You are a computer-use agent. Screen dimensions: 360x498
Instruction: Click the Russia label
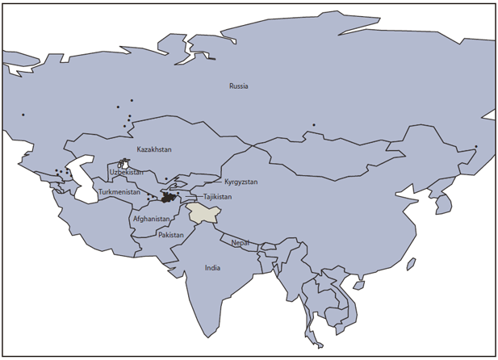238,86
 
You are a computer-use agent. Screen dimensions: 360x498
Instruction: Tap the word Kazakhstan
153,149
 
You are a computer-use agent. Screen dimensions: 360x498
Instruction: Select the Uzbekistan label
126,172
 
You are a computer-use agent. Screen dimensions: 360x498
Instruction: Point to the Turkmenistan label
119,192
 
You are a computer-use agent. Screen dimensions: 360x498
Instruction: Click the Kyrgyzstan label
241,182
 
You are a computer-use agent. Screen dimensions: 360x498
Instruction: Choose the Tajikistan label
217,197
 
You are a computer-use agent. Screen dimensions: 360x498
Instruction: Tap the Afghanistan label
151,219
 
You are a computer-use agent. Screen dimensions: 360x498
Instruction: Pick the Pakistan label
170,235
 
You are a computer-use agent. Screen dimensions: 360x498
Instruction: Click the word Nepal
240,242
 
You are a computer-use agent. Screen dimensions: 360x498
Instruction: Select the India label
212,268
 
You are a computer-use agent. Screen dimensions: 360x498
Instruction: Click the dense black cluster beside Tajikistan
169,197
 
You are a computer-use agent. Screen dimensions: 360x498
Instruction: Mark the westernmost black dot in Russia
23,115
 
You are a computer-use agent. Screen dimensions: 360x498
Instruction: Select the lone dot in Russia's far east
476,146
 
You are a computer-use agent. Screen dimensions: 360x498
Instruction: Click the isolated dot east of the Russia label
314,124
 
